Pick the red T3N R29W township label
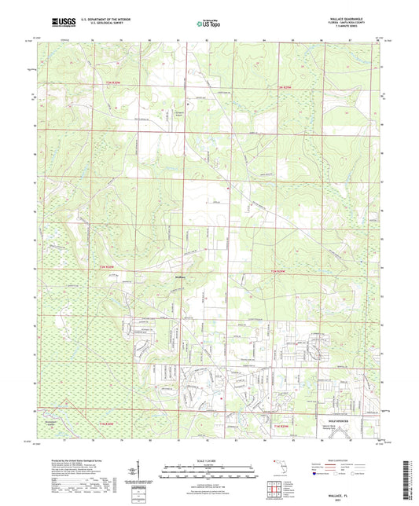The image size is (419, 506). coord(290,86)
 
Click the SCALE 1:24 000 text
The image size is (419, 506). coord(208,460)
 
